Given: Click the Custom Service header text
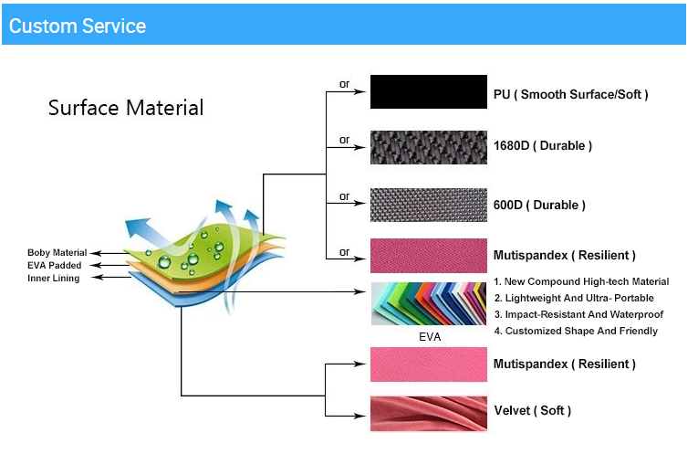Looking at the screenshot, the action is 78,26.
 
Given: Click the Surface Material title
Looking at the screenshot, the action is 126,108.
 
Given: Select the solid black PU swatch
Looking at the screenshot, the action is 429,91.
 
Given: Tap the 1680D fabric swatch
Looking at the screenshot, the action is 429,147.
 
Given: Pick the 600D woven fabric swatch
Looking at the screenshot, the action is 429,205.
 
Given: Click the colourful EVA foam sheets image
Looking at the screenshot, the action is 429,304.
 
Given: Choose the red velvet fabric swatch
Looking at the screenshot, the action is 429,414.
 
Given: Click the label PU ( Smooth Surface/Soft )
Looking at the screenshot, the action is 570,94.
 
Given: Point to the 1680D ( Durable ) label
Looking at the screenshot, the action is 543,145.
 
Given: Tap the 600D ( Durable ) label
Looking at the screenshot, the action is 539,205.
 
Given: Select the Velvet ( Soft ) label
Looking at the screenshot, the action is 533,410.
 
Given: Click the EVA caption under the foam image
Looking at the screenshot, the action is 430,337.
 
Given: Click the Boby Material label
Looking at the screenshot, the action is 57,253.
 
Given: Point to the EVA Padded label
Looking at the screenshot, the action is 55,266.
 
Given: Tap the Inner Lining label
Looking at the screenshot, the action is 54,279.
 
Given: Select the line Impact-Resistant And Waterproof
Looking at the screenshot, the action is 578,314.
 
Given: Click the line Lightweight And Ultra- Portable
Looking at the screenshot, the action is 574,298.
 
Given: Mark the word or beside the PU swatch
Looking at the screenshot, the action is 345,84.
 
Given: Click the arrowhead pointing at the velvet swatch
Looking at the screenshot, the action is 359,417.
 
